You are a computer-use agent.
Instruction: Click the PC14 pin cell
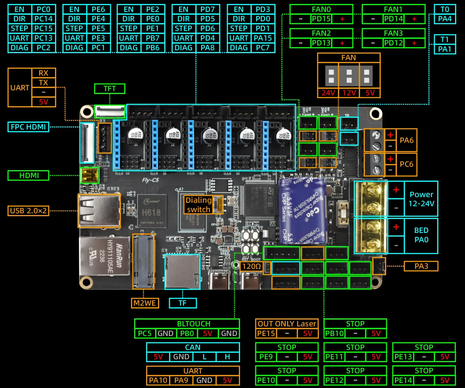coord(43,19)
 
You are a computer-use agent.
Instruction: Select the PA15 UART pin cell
coord(263,38)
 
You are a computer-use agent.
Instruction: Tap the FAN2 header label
coord(321,33)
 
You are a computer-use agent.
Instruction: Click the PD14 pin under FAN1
coord(393,19)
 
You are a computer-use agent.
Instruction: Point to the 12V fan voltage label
coord(349,93)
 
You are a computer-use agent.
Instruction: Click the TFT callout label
coord(110,89)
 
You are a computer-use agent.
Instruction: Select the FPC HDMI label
coord(28,127)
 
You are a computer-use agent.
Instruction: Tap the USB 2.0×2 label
coord(28,211)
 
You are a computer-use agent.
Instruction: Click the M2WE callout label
coord(144,303)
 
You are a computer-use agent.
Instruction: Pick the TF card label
coord(182,303)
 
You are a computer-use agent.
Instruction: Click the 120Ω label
coord(251,266)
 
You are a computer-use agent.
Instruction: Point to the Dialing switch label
coord(198,205)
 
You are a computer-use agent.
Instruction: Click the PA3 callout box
coord(421,266)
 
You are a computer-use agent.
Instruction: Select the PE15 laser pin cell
coord(266,333)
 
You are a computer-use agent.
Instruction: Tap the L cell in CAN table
coord(204,357)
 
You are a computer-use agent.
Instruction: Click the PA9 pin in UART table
coord(181,380)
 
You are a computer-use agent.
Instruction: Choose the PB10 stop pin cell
coord(334,333)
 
